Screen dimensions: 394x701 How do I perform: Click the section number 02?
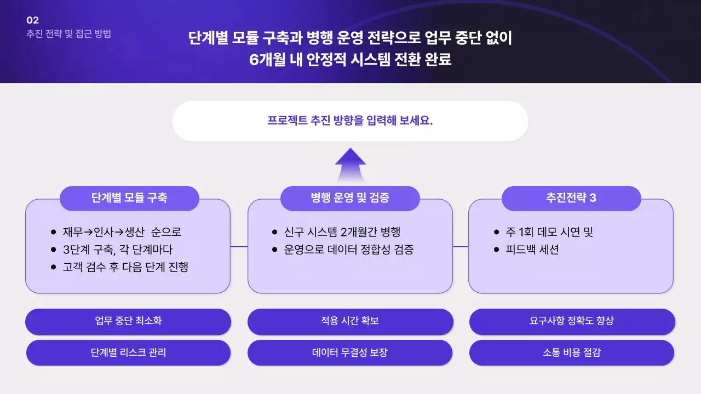pos(33,20)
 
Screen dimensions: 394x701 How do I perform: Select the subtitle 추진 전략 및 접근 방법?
pos(68,33)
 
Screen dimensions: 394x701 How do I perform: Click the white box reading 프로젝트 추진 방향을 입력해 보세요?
pos(350,121)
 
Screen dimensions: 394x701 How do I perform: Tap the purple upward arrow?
pos(350,164)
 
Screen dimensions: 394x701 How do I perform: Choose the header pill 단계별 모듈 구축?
pos(129,198)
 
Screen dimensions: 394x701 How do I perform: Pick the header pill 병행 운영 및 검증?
pos(350,198)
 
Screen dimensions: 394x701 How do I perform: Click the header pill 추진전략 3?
pos(571,198)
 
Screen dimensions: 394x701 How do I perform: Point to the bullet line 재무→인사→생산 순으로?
pos(122,232)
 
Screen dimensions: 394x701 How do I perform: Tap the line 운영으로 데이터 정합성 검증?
pos(349,250)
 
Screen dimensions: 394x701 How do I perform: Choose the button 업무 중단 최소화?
pos(128,321)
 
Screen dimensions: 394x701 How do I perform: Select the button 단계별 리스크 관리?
pos(128,352)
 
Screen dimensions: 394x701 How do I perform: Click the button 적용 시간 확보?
pos(350,321)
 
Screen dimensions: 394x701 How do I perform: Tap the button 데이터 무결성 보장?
pos(350,352)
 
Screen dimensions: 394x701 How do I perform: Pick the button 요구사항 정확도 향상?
pos(572,321)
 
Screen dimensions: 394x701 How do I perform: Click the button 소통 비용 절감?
pos(572,352)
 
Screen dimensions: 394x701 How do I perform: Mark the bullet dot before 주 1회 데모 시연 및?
pos(496,232)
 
